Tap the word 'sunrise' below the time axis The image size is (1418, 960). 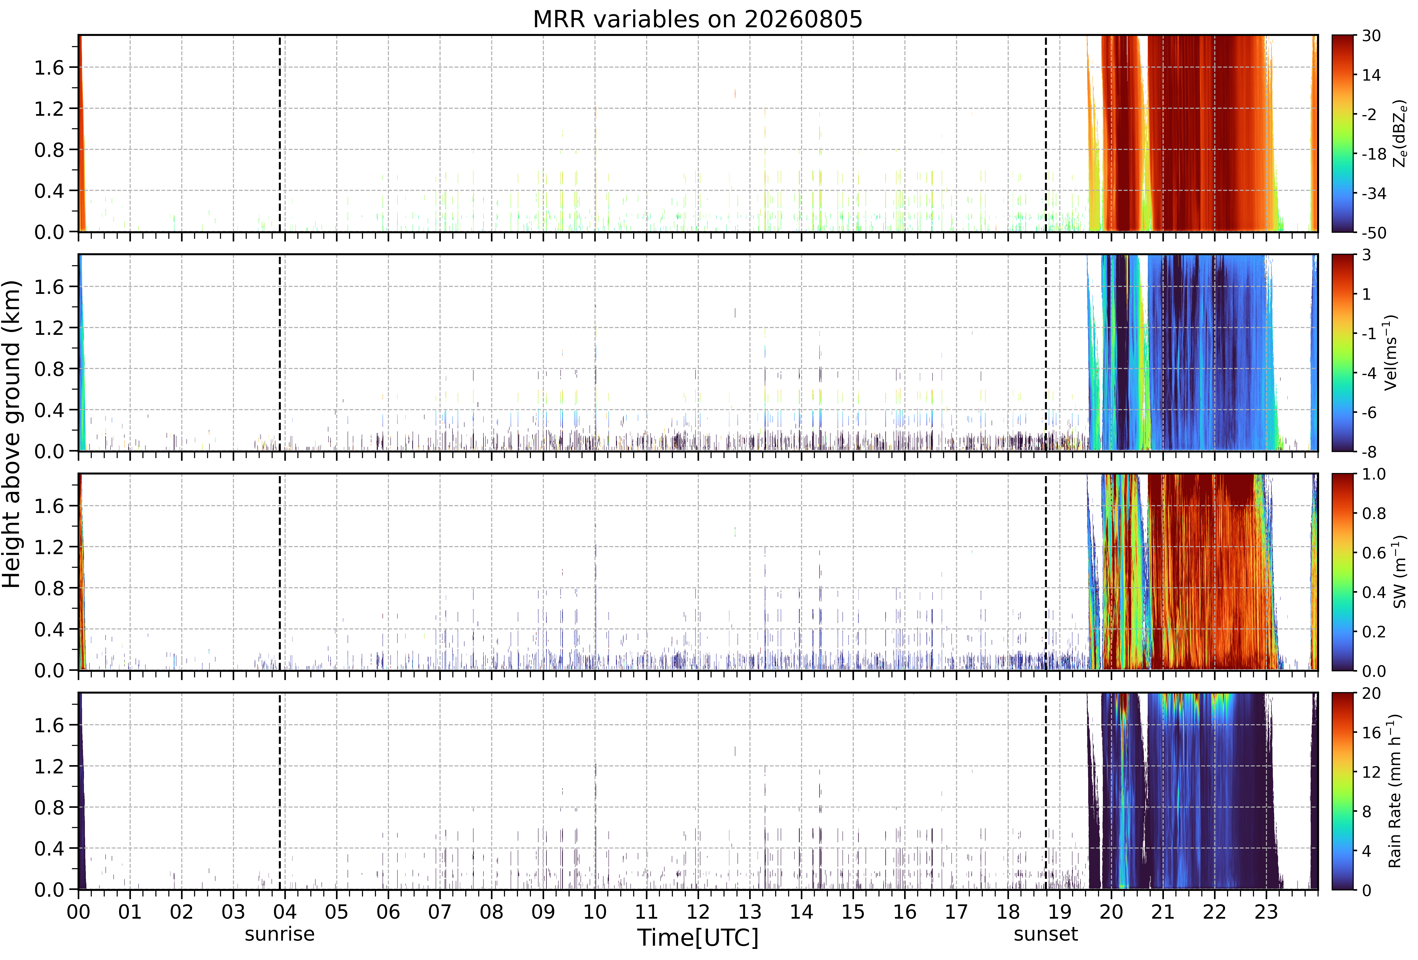tap(279, 934)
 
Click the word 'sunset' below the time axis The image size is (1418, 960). tap(1046, 934)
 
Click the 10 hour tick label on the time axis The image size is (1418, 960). tap(595, 912)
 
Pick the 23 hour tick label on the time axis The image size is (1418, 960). tap(1266, 912)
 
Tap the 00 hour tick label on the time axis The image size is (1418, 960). tap(78, 912)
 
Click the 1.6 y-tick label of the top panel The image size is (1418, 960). tap(49, 68)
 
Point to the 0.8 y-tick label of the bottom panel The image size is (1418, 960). tap(49, 807)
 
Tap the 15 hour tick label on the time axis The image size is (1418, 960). tap(853, 912)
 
